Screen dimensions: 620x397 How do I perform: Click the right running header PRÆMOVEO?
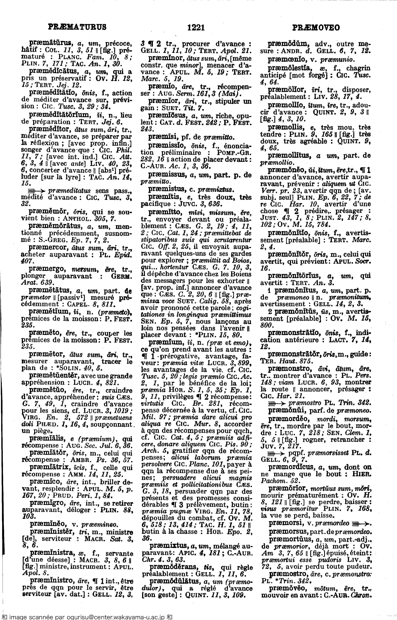[316, 27]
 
